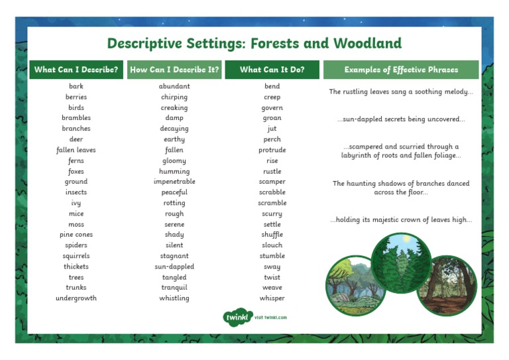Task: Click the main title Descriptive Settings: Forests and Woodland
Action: point(254,44)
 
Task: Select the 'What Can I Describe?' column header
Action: point(76,70)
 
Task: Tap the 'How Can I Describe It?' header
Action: point(174,70)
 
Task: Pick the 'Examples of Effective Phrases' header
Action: point(400,70)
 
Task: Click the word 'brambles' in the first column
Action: point(76,118)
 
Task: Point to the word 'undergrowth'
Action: point(76,298)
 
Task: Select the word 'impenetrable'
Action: point(174,182)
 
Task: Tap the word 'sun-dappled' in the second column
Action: point(174,267)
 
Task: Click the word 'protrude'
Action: point(272,150)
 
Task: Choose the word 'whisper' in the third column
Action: point(272,298)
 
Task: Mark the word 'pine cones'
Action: point(76,235)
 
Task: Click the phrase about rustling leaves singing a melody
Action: point(400,92)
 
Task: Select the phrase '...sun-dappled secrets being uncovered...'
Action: point(400,119)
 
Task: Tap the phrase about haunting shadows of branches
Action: point(400,188)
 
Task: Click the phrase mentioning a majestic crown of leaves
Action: point(400,220)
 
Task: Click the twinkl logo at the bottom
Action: point(237,317)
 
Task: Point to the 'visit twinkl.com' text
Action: point(270,318)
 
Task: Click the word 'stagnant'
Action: point(174,256)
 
